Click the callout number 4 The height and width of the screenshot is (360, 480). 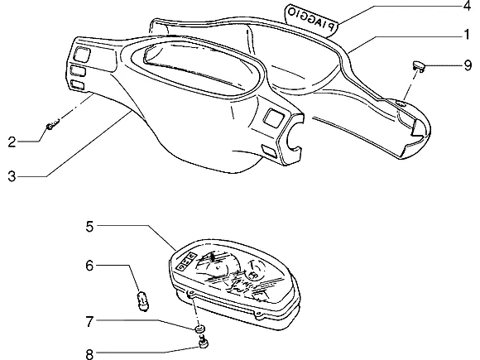click(467, 6)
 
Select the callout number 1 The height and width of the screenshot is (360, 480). click(467, 35)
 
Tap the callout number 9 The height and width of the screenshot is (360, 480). click(468, 65)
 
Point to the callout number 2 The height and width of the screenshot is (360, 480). click(12, 142)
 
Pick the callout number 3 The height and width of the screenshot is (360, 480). click(12, 176)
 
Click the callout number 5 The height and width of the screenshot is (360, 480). click(89, 227)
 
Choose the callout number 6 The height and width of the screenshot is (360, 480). click(89, 266)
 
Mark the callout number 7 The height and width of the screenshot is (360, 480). click(89, 321)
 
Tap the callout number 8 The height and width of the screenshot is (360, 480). click(89, 354)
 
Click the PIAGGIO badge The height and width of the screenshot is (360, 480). click(311, 19)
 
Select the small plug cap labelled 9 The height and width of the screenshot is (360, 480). click(418, 66)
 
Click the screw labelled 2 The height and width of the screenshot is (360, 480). click(53, 125)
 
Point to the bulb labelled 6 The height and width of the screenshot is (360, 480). click(142, 301)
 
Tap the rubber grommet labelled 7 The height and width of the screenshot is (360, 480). click(200, 329)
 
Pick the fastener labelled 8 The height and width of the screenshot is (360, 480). click(204, 343)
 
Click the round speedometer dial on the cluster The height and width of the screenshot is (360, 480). click(216, 266)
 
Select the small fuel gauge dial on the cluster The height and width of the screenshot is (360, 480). click(257, 270)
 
